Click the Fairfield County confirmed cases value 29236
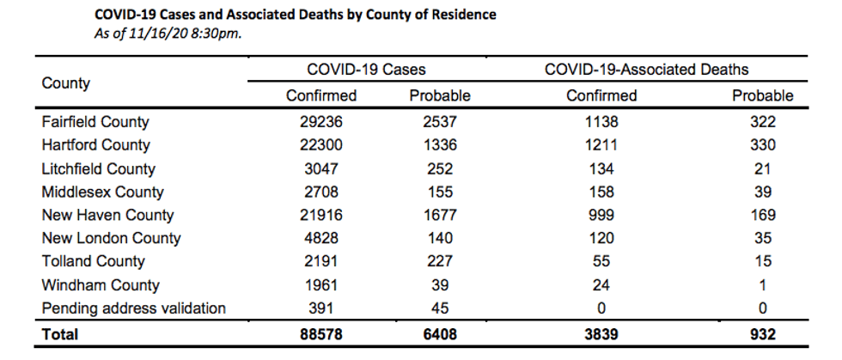point(321,122)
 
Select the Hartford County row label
point(96,145)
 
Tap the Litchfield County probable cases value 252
point(440,168)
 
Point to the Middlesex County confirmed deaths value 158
point(601,192)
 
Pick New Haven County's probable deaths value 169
point(763,216)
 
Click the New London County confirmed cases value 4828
point(321,239)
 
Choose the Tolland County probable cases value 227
point(440,262)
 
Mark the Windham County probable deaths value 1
point(763,285)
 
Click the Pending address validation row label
point(134,308)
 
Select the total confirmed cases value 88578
point(321,334)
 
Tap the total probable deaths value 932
point(763,334)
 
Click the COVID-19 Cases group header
point(366,70)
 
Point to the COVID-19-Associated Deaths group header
point(646,70)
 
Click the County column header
point(66,84)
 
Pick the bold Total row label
point(59,334)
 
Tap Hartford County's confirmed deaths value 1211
point(601,145)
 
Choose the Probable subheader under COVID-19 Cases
point(440,95)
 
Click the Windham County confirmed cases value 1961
point(321,285)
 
